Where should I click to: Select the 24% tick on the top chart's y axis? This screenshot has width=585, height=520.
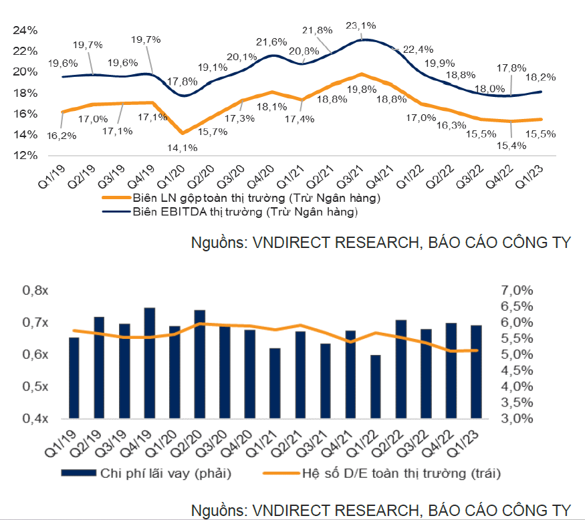point(25,30)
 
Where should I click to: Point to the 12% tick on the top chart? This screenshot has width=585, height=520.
point(25,155)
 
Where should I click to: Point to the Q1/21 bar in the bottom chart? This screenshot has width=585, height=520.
point(275,383)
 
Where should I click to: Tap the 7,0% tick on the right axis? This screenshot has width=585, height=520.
point(515,291)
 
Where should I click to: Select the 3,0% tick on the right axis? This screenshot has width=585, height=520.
point(515,419)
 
